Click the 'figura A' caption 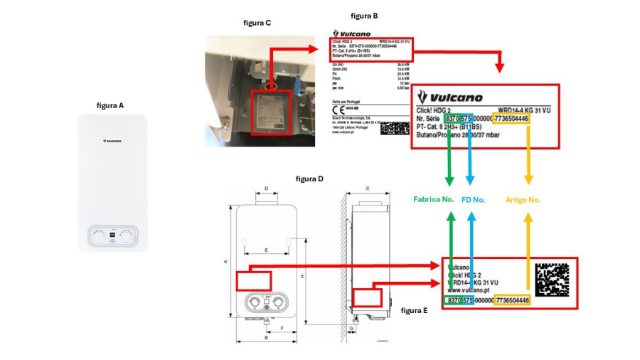(x=110, y=105)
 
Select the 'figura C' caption (x=257, y=23)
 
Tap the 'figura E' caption (x=415, y=310)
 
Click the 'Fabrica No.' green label (x=433, y=199)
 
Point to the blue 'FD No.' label (x=473, y=200)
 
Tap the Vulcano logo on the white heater (x=112, y=141)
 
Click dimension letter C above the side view (x=367, y=189)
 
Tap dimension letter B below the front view (x=265, y=339)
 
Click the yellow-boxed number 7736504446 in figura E (x=512, y=301)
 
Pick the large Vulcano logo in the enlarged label (x=450, y=97)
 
